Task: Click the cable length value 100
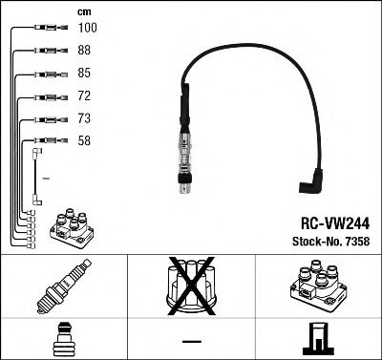(x=85, y=28)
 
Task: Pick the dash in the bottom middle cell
(x=191, y=340)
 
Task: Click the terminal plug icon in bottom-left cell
(x=64, y=339)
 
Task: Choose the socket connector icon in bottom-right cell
(x=317, y=339)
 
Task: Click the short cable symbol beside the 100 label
(x=45, y=29)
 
